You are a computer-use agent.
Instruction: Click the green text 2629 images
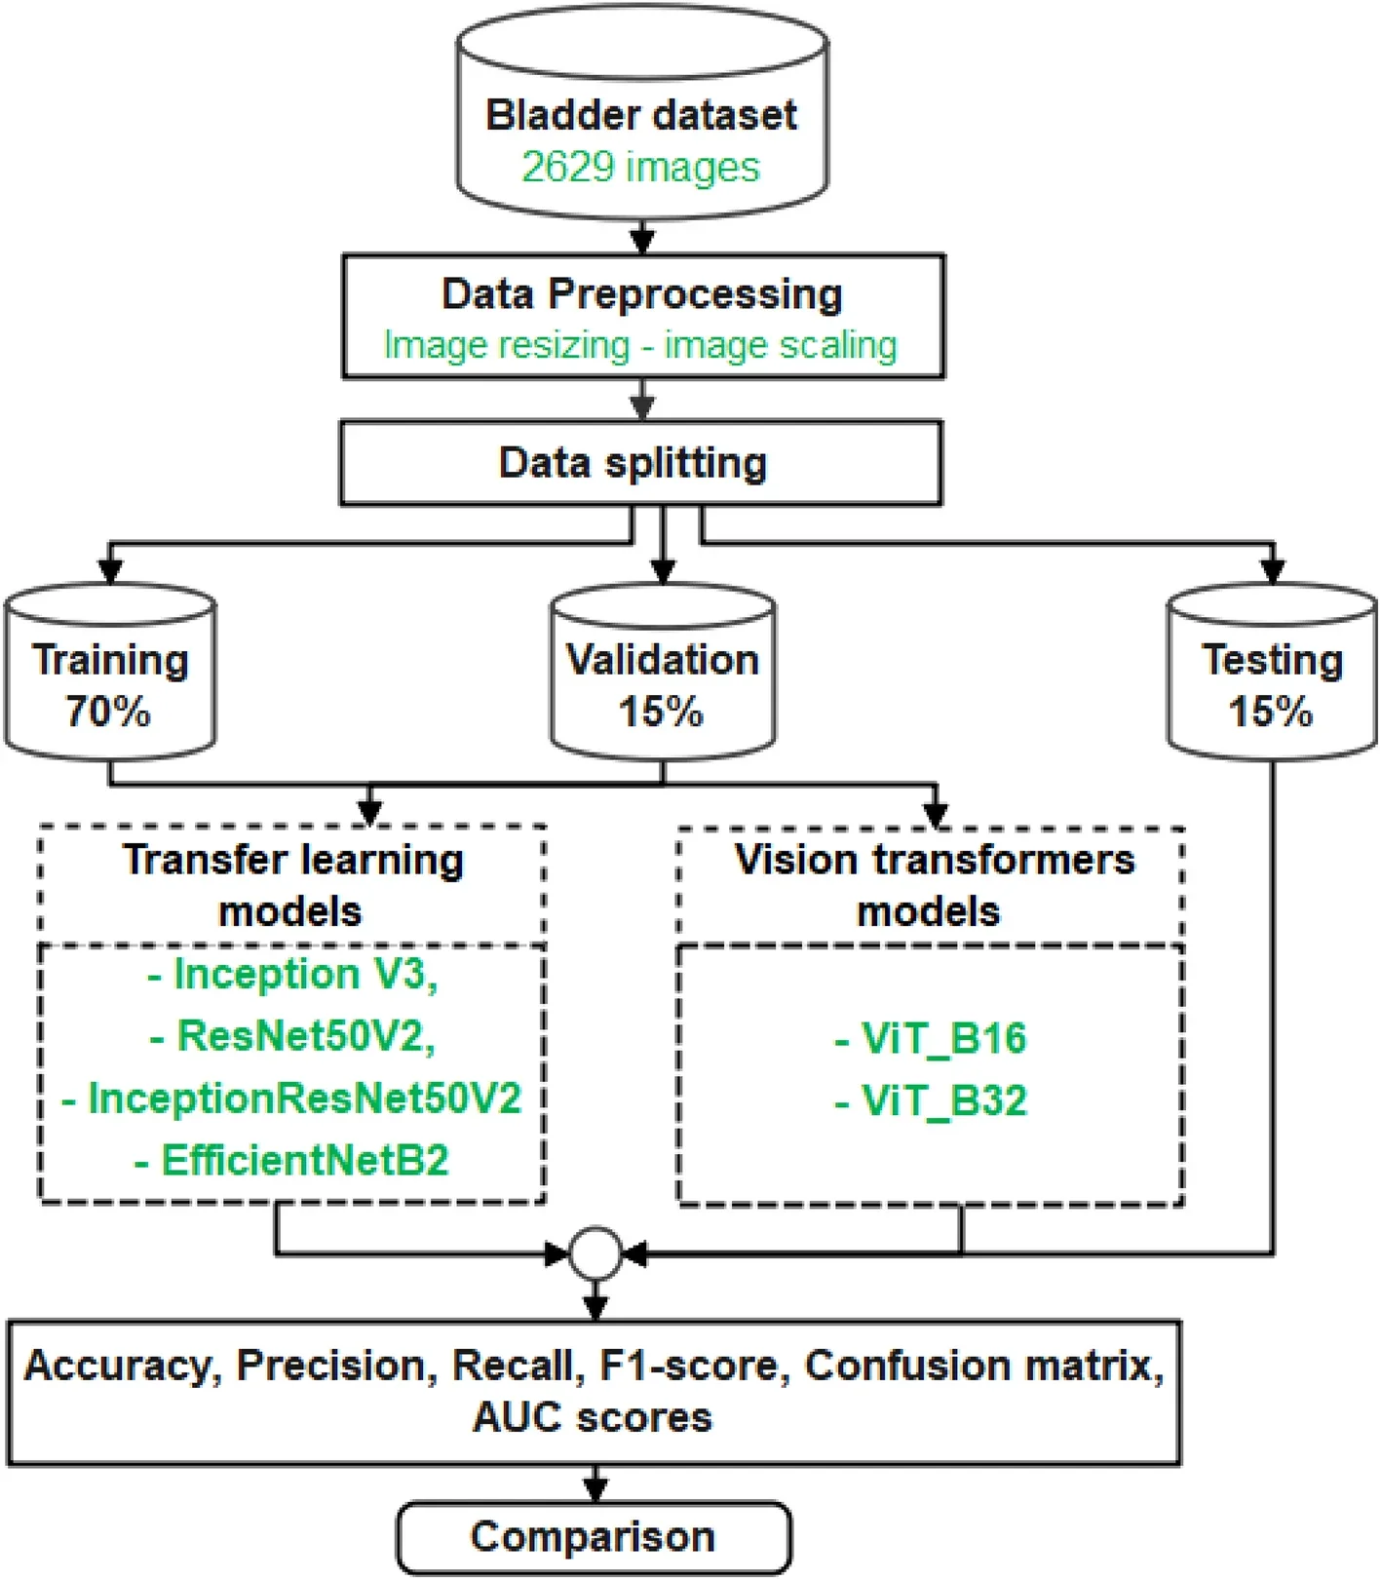pos(640,167)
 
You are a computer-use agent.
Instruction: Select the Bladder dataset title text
pos(641,115)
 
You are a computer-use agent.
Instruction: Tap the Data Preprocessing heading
pos(641,294)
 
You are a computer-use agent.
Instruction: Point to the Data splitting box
pos(640,463)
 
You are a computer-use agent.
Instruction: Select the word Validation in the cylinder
pos(663,660)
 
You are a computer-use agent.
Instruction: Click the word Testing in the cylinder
pos(1272,660)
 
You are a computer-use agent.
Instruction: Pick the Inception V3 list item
pos(293,974)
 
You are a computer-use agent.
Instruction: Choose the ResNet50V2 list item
pos(293,1035)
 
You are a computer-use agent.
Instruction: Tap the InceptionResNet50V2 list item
pos(291,1098)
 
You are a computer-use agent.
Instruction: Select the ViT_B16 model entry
pos(931,1038)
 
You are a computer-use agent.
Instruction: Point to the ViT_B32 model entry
pos(931,1100)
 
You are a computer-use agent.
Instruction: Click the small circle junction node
pos(595,1253)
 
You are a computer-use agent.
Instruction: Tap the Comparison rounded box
pos(594,1537)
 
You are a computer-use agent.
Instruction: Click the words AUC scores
pos(593,1416)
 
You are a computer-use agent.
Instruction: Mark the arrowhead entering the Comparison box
pos(595,1489)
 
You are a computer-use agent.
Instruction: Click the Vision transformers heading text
pos(934,861)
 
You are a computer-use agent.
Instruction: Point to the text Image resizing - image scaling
pos(640,345)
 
